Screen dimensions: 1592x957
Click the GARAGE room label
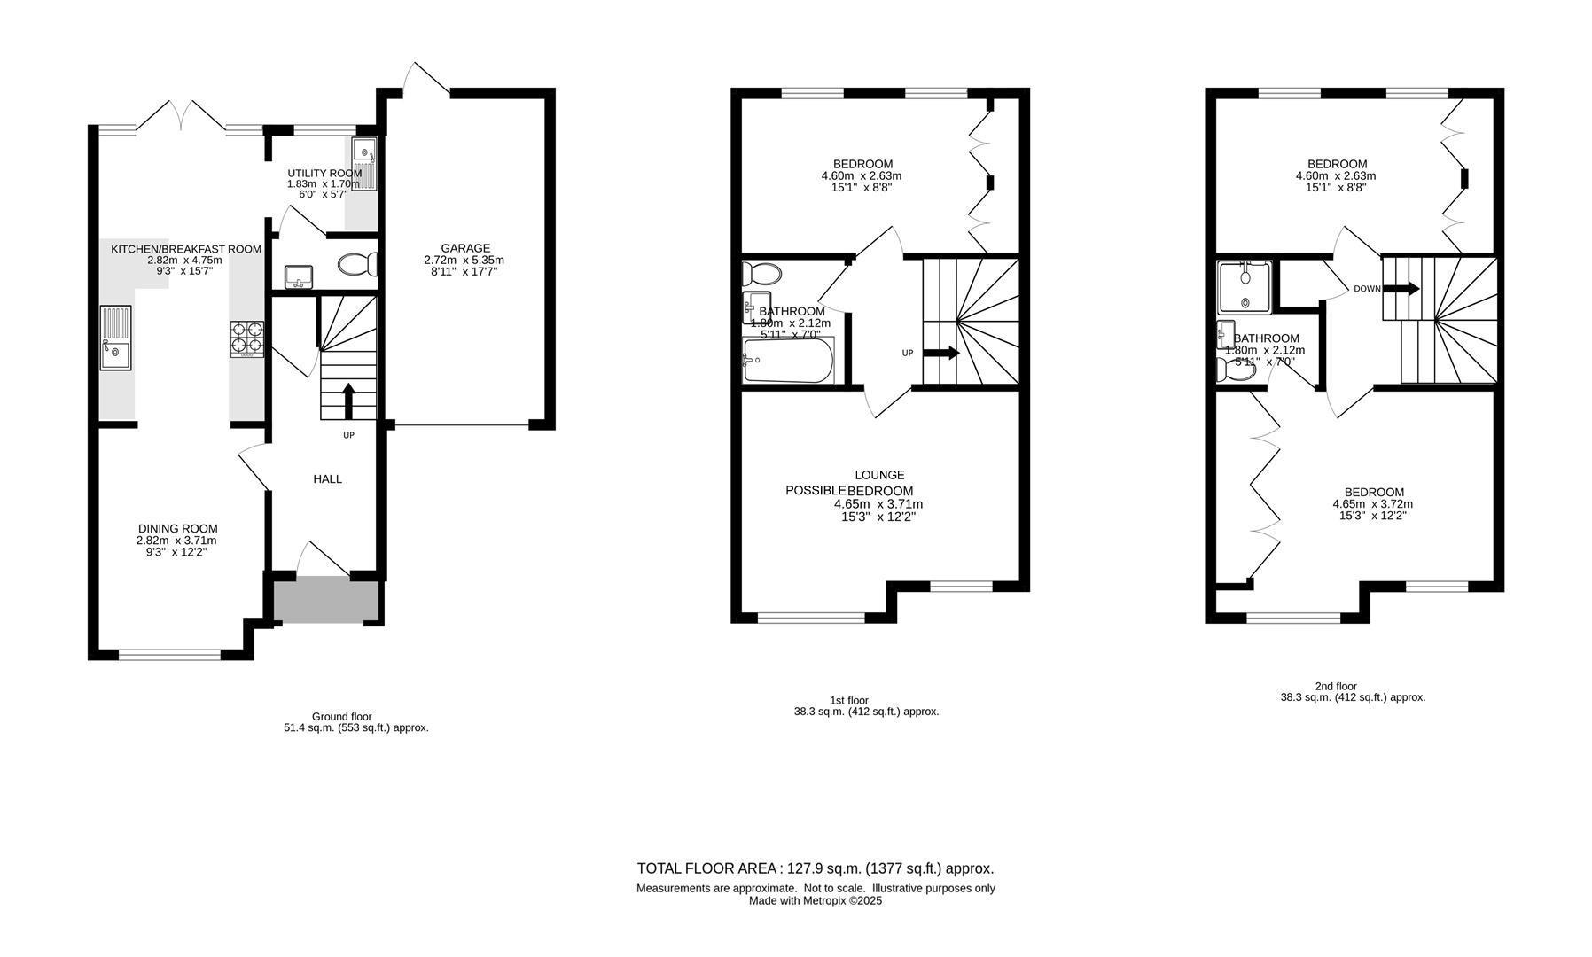[465, 248]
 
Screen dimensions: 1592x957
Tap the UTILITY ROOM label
[324, 173]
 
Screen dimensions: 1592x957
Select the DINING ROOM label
[177, 529]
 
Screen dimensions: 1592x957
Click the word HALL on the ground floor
[327, 479]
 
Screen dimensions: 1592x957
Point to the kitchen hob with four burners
[247, 338]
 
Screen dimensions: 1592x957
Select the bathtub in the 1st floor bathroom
[789, 360]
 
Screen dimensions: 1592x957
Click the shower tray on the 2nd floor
[1245, 287]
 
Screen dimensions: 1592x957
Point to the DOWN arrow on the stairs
[1401, 289]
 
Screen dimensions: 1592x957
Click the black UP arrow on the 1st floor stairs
[941, 353]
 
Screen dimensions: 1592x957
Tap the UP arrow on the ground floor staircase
[347, 401]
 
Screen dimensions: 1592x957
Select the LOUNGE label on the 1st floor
[879, 475]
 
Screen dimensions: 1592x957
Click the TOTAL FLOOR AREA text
[816, 868]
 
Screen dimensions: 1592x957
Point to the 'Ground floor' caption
[342, 716]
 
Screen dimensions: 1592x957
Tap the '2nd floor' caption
[1335, 686]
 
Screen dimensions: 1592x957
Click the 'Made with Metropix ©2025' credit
[816, 901]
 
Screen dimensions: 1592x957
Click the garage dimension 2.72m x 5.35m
[464, 261]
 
